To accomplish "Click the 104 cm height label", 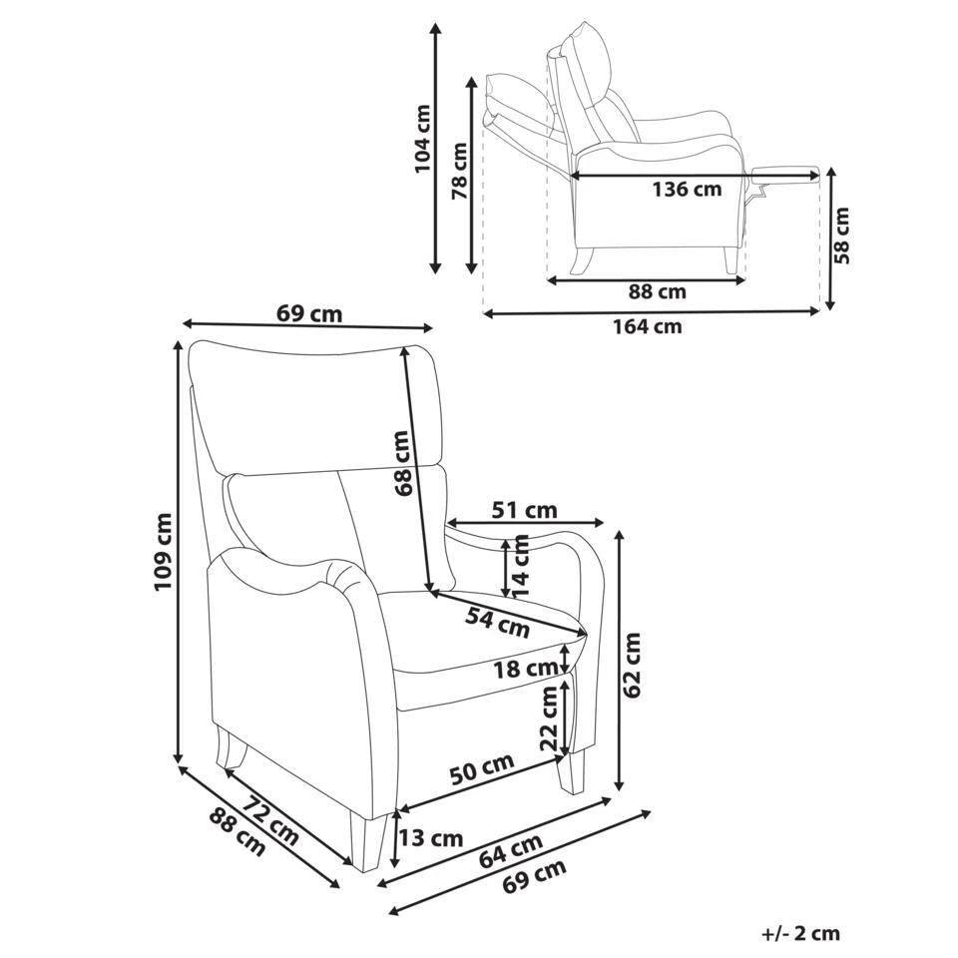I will coord(423,139).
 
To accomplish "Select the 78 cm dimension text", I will coord(459,171).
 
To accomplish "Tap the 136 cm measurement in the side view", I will coord(686,190).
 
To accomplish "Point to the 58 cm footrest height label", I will coord(843,236).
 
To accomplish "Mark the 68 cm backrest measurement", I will coord(401,464).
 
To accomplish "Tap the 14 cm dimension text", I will coord(521,566).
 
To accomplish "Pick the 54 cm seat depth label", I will coord(498,621).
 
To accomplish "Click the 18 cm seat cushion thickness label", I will coord(525,669).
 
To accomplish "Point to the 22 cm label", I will coord(549,718).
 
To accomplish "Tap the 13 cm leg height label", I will coord(431,837).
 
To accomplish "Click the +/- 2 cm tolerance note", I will coord(800,934).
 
